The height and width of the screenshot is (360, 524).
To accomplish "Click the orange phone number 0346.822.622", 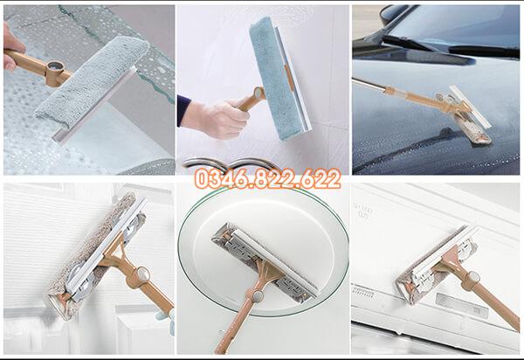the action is click(x=268, y=178).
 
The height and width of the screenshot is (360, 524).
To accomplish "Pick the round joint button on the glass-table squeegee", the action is click(x=258, y=295).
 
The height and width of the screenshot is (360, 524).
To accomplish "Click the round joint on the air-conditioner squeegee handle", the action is click(x=473, y=277).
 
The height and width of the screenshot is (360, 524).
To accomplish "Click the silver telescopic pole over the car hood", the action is click(x=369, y=85).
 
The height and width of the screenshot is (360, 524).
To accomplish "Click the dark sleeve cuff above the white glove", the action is click(x=183, y=110).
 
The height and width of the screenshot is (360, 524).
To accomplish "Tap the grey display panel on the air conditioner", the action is click(x=461, y=304).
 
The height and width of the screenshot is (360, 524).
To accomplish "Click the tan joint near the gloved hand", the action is click(x=259, y=93).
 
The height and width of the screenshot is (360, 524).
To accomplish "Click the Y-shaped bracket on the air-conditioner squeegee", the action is click(x=449, y=259).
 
